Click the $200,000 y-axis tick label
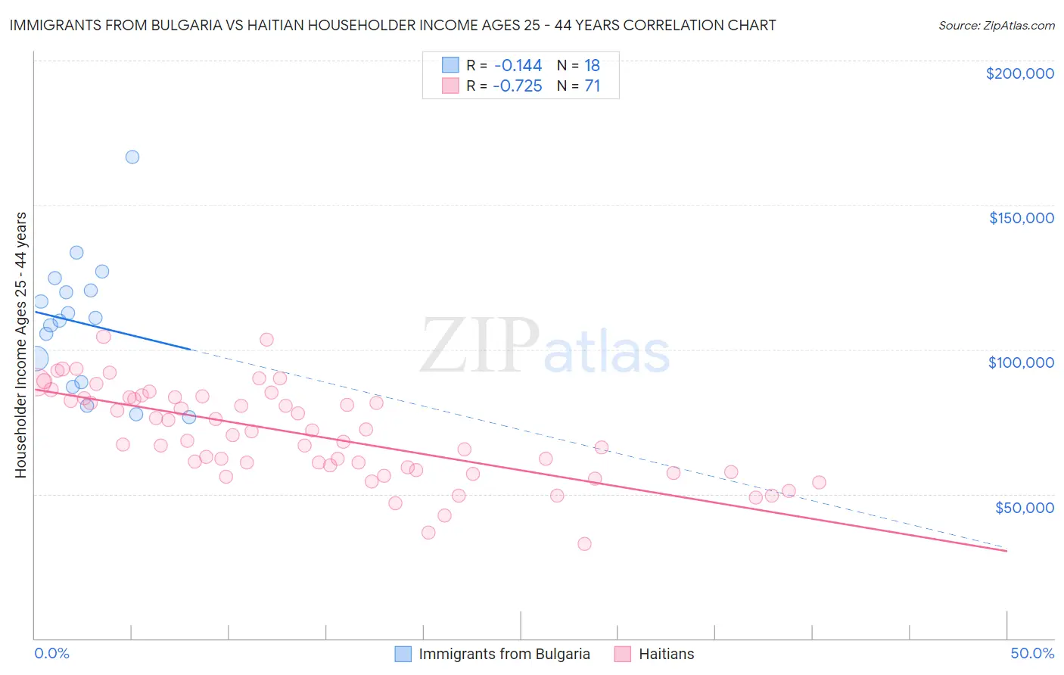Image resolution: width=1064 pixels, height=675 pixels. click(1019, 73)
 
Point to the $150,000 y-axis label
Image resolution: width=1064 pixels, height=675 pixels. click(1021, 218)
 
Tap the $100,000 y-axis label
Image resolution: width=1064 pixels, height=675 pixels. click(1021, 362)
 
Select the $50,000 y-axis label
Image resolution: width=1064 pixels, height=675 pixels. click(1024, 507)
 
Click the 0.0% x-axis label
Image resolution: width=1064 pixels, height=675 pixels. click(52, 653)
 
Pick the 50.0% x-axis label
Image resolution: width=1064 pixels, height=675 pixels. click(1032, 653)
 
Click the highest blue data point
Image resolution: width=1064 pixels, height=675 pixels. click(132, 157)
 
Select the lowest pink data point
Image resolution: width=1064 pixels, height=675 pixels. click(584, 544)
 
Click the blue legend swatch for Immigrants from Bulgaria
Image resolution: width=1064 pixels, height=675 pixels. click(403, 654)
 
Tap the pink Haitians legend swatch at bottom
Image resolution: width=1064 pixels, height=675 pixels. click(623, 654)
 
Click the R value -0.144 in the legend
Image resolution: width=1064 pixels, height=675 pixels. click(518, 66)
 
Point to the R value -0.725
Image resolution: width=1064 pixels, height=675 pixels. click(518, 86)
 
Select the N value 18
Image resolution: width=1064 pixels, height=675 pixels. click(592, 66)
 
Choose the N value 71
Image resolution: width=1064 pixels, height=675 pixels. click(592, 86)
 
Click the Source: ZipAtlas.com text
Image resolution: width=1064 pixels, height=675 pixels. click(996, 26)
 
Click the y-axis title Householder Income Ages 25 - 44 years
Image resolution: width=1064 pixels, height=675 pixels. click(21, 345)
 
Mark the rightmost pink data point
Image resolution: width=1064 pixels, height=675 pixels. click(819, 483)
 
